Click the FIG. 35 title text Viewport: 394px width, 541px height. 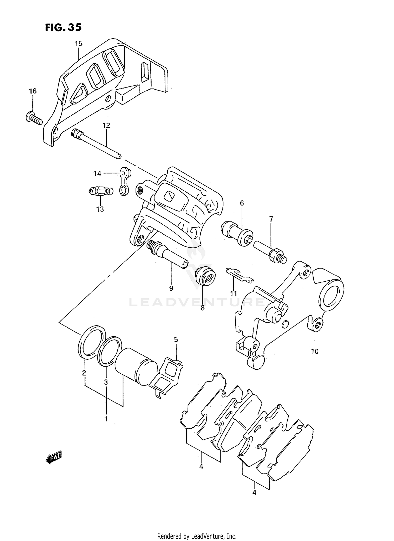(63, 27)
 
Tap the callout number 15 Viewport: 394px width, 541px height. (78, 44)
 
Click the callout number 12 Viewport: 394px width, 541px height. (106, 126)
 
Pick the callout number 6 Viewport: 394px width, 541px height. (242, 203)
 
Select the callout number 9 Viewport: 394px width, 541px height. (171, 288)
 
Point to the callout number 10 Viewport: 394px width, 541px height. (315, 351)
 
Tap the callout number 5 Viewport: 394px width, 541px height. (176, 339)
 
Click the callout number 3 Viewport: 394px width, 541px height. (106, 382)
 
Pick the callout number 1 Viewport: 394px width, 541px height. (106, 419)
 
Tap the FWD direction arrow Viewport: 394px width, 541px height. (54, 458)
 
